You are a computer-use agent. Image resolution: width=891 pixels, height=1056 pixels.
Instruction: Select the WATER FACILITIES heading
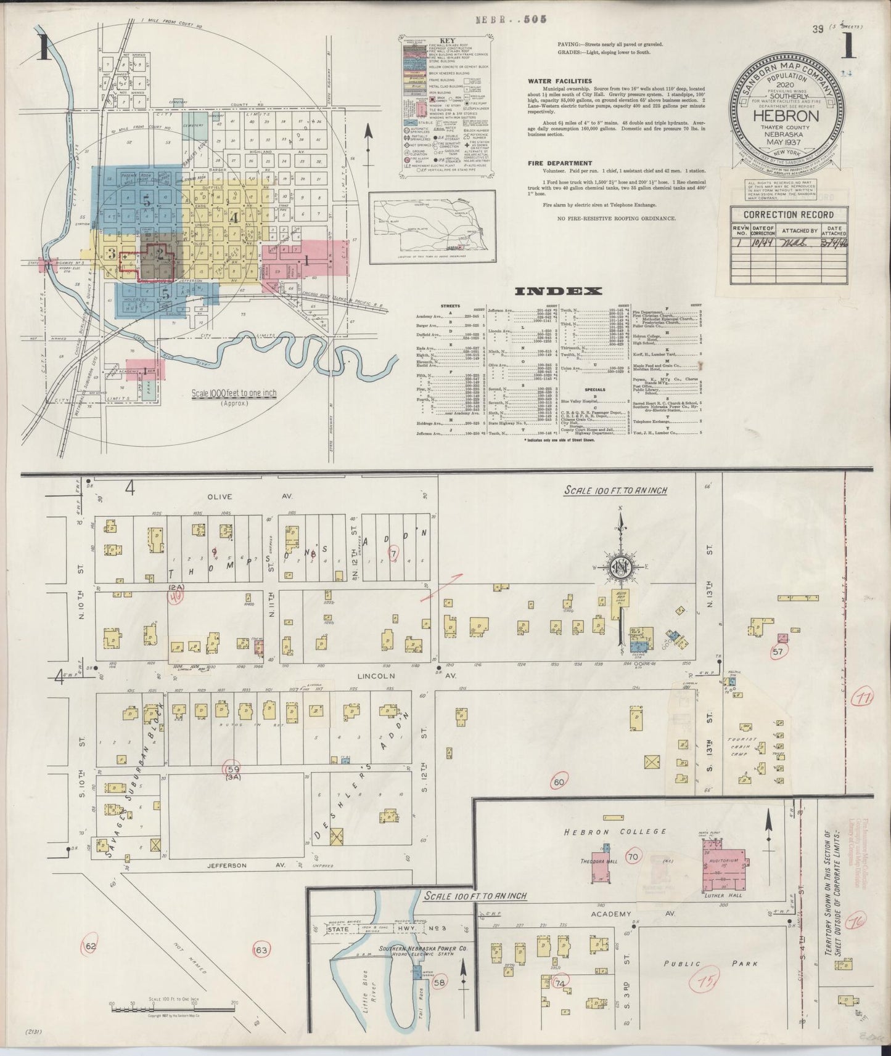tap(560, 81)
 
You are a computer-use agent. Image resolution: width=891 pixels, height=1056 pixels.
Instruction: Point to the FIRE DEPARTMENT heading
tap(560, 163)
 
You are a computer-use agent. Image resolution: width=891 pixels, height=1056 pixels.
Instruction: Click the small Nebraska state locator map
tap(432, 225)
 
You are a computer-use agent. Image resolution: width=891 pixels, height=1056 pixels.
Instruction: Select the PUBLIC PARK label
tap(710, 963)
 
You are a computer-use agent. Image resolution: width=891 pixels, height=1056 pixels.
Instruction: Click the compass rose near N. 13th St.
tap(620, 567)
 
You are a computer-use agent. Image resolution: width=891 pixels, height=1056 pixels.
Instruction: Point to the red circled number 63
tap(262, 968)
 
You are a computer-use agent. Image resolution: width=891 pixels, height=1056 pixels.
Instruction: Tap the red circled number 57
tap(778, 651)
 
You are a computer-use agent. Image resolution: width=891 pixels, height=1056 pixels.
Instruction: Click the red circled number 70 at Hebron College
tap(632, 857)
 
